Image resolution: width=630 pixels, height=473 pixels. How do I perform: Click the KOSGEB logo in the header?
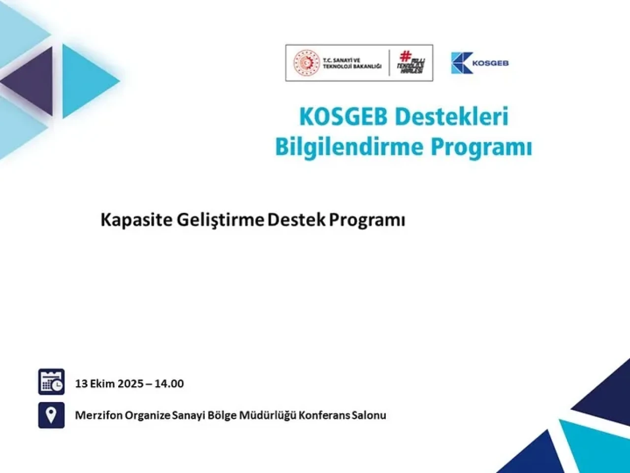click(479, 63)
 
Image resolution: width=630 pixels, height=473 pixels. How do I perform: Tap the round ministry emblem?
click(307, 63)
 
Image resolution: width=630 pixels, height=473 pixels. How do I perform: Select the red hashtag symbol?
click(406, 56)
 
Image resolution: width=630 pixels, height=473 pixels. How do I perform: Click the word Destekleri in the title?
click(451, 117)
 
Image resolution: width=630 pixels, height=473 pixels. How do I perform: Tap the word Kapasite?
click(136, 221)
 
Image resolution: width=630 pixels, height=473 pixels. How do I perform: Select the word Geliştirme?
click(220, 221)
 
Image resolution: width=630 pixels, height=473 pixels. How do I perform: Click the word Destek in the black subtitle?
click(296, 220)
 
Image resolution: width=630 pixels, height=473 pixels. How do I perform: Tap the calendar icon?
click(51, 382)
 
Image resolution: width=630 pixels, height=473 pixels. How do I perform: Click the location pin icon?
click(51, 415)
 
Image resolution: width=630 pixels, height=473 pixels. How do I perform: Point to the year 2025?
click(130, 384)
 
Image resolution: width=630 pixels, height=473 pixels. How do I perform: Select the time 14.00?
click(169, 384)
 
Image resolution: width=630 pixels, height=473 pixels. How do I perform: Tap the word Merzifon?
click(98, 415)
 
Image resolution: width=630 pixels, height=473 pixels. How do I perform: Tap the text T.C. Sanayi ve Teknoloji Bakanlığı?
click(352, 63)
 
